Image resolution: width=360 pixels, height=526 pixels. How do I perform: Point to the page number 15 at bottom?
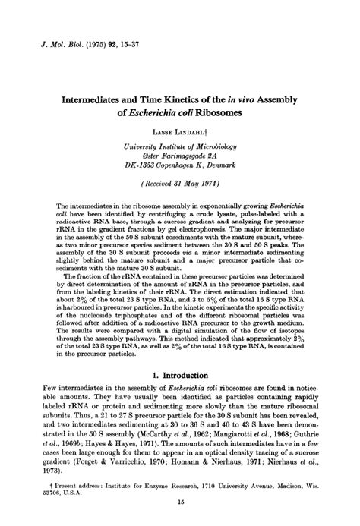[180, 510]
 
